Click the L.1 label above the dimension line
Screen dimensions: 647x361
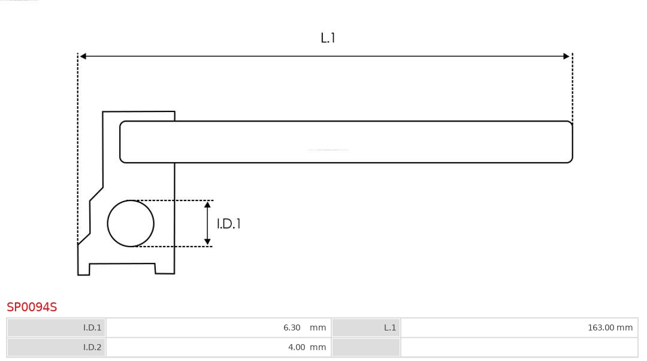(x=328, y=38)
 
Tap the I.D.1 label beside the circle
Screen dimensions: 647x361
(x=229, y=224)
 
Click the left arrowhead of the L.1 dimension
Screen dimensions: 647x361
(x=83, y=56)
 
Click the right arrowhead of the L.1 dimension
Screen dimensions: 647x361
(x=566, y=56)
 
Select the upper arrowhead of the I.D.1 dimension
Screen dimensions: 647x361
(x=207, y=205)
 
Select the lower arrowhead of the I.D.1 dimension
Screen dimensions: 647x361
(x=207, y=242)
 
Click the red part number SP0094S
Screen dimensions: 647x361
(x=32, y=307)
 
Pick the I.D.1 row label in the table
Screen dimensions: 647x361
(x=92, y=327)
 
